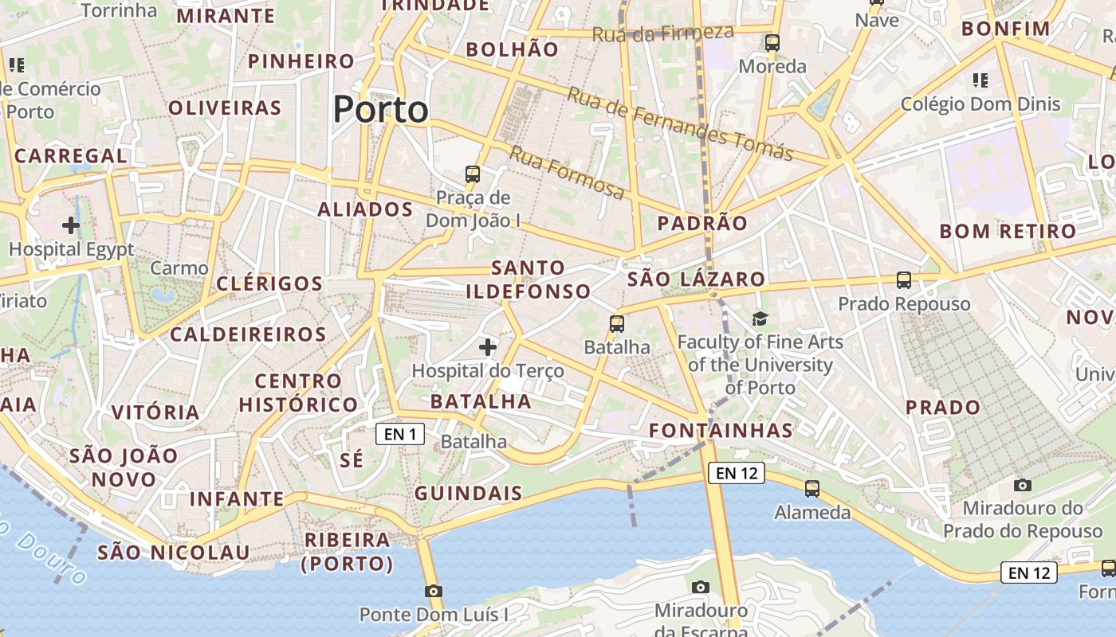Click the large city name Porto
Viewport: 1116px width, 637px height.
point(380,109)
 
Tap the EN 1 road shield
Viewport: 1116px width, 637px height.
point(400,434)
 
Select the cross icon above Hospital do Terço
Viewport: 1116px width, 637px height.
point(488,347)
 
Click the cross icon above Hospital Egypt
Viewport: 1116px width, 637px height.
point(71,225)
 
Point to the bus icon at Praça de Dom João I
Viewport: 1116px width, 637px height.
point(473,174)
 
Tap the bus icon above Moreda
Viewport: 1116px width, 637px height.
point(772,43)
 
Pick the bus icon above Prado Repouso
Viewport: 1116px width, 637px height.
point(903,280)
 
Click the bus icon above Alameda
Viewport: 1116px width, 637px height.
point(812,488)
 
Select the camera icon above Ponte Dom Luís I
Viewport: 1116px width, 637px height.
point(433,591)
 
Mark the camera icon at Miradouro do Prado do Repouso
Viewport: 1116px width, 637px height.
point(1022,485)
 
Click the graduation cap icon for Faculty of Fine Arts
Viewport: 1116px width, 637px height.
point(760,319)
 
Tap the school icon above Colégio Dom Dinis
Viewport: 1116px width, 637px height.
point(980,80)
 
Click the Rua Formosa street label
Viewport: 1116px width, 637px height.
point(567,172)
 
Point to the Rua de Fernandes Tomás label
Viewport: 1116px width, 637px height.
point(680,123)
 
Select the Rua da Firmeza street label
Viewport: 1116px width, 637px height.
point(662,33)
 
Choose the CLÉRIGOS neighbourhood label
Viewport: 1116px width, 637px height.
point(269,284)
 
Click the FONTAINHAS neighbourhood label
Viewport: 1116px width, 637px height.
point(721,431)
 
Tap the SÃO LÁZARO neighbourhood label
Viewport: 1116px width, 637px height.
point(696,279)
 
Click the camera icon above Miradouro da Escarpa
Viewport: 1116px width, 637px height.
point(701,587)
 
